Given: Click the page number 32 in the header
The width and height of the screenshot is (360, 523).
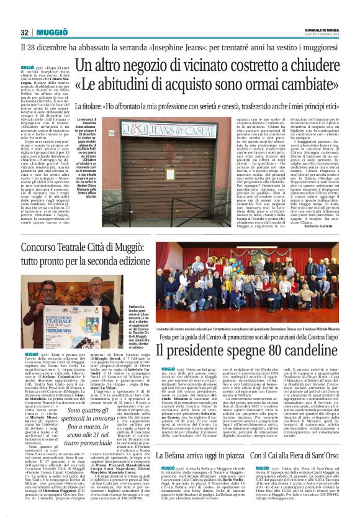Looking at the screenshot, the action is pos(24,32).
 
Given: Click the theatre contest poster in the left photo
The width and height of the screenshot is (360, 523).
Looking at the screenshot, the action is pos(65,325).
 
